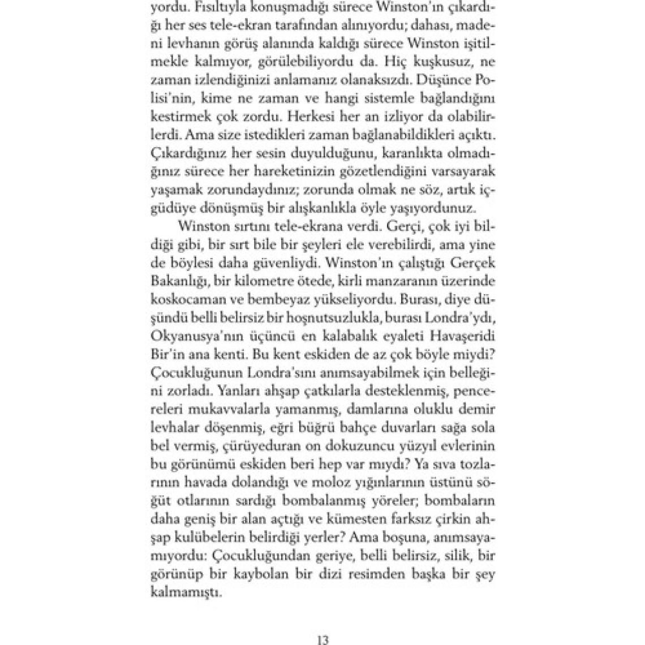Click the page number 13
(323, 639)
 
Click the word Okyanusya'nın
(192, 336)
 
